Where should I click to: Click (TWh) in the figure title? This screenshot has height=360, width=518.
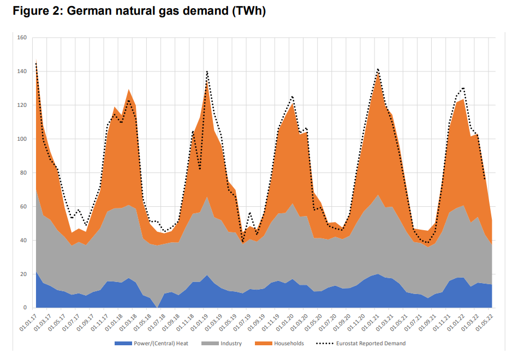coord(248,11)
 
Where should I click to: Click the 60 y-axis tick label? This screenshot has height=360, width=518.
coord(23,207)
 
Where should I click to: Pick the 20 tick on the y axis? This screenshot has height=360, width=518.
coord(23,274)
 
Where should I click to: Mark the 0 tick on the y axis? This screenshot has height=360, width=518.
coord(25,308)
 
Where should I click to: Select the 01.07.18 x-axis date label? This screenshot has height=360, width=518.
coord(158,322)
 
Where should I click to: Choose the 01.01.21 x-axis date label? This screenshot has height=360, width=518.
coord(372,322)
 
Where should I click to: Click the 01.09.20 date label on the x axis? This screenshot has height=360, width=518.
coord(343,322)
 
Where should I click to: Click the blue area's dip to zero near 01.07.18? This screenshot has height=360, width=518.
coord(157,307)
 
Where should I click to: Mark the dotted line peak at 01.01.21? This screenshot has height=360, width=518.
coord(377,69)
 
